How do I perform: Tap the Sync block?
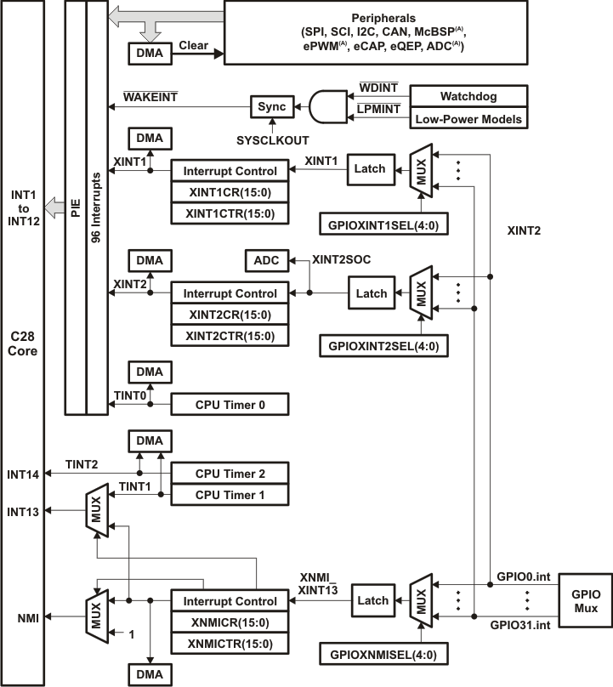(x=272, y=107)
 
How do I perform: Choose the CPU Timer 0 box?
(x=230, y=406)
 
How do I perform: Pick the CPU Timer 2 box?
(x=230, y=473)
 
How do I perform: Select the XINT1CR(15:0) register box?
(x=230, y=192)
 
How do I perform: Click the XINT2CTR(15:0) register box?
(x=230, y=336)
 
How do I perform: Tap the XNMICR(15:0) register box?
(x=230, y=623)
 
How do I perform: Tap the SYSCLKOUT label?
(x=272, y=138)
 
